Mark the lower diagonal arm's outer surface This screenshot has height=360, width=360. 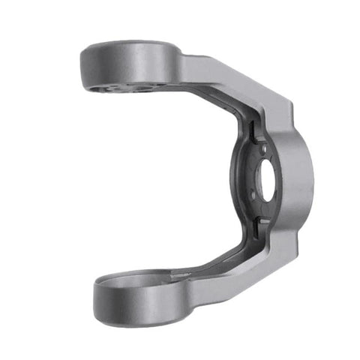[240, 270]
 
